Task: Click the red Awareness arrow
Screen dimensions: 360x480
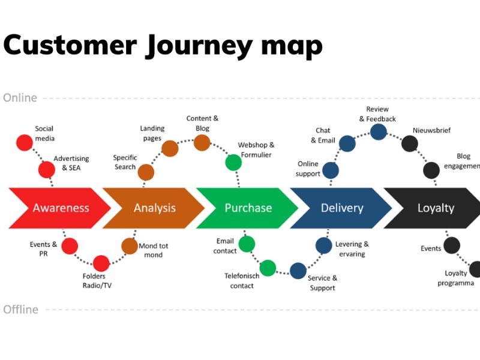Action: point(60,208)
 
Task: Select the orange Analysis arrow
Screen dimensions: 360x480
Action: point(154,208)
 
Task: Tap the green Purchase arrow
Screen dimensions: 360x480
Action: point(248,208)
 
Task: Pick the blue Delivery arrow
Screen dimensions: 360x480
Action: point(341,208)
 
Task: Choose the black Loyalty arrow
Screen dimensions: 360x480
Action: point(436,208)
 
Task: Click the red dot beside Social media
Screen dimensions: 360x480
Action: point(24,142)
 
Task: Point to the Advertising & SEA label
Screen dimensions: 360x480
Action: point(71,163)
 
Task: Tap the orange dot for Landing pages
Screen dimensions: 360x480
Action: point(170,148)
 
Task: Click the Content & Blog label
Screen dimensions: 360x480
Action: point(202,124)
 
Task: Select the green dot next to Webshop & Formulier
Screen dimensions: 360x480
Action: point(233,162)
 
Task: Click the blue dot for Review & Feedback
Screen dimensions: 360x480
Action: point(378,132)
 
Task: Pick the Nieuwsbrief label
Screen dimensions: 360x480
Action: point(431,130)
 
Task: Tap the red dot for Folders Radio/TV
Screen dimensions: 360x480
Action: point(101,263)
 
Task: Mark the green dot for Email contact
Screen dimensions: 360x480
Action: point(247,244)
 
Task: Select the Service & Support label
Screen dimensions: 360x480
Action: point(322,283)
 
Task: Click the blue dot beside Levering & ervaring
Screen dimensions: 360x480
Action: point(323,245)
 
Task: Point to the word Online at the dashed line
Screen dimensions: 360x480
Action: point(20,98)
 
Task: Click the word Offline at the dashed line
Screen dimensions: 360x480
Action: point(21,310)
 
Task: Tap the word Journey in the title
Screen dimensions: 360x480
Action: point(192,46)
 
